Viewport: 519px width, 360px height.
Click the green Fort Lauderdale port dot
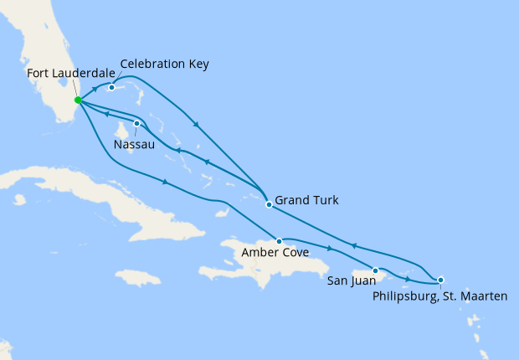pos(78,100)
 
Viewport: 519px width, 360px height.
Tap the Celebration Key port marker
pos(111,87)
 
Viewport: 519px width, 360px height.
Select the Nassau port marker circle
pos(137,124)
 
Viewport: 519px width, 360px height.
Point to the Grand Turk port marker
pos(268,204)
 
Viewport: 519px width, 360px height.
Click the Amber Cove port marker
pos(279,241)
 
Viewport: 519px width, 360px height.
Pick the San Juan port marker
pos(377,270)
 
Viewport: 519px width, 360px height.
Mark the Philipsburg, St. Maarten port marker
pos(441,280)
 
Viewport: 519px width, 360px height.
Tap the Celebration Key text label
pos(164,64)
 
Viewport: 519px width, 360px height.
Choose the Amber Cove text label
pos(270,252)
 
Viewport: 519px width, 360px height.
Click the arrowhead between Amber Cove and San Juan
pos(329,249)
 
